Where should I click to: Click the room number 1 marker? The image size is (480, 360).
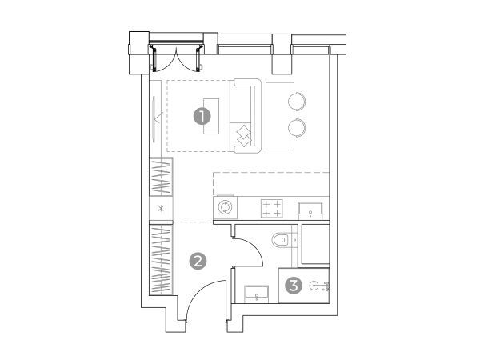pos(202,117)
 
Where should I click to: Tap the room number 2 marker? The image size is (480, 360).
pos(198,262)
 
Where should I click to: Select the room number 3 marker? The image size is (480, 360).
pos(294,286)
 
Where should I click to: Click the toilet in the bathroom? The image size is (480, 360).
pos(281,240)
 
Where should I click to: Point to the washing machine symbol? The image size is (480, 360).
pos(226,207)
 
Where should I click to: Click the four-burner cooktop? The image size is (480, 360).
pos(272,209)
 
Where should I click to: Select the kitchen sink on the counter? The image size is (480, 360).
pos(310,211)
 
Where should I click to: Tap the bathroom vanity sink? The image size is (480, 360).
pos(257,294)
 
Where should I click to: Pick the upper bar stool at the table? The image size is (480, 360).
pos(296,102)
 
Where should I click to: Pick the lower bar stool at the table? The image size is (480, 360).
pos(296,127)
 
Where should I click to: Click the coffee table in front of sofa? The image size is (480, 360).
pos(211,116)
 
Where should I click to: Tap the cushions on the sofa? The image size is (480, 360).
pos(244,136)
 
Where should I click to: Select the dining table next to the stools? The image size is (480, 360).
pos(280,116)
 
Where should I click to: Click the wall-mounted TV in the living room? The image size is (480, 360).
pos(154,118)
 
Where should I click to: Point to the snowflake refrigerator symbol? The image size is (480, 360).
pos(161,209)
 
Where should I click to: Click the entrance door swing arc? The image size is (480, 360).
pos(199,289)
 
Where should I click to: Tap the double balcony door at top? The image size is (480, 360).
pos(177,58)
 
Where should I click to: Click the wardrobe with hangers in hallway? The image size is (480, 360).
pos(161,260)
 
